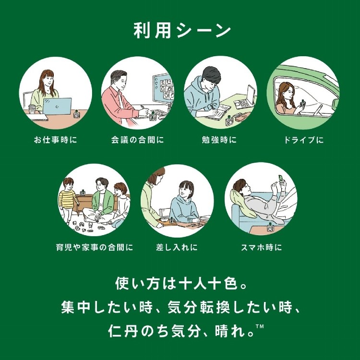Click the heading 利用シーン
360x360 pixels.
[182, 31]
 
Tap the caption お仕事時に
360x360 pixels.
[55, 140]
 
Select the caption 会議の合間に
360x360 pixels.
[138, 140]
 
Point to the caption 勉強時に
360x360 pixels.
[219, 140]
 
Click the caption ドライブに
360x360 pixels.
[304, 140]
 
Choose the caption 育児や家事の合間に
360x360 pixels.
[95, 247]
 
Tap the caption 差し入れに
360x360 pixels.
[177, 247]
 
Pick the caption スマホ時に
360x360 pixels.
[262, 247]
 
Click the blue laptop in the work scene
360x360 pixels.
[57, 106]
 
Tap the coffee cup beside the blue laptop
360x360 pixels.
[32, 109]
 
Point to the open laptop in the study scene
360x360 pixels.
[245, 97]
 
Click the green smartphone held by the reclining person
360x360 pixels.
[281, 179]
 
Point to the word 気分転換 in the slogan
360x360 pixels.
[199, 307]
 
